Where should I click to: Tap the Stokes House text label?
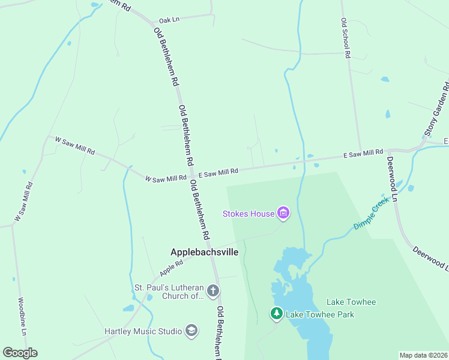pos(248,213)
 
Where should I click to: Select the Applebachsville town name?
pos(204,252)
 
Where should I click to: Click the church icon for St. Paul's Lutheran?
pos(212,292)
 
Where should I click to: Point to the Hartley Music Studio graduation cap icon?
pos(191,331)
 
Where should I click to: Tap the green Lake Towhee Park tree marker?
pos(276,313)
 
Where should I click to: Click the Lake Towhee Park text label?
pos(320,314)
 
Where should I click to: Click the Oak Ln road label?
pos(169,20)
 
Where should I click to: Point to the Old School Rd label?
pos(345,37)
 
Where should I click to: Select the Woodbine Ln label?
pos(22,316)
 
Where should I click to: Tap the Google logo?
pos(20,353)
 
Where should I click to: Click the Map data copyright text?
pos(423,355)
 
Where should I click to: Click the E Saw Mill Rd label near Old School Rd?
pos(363,154)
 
